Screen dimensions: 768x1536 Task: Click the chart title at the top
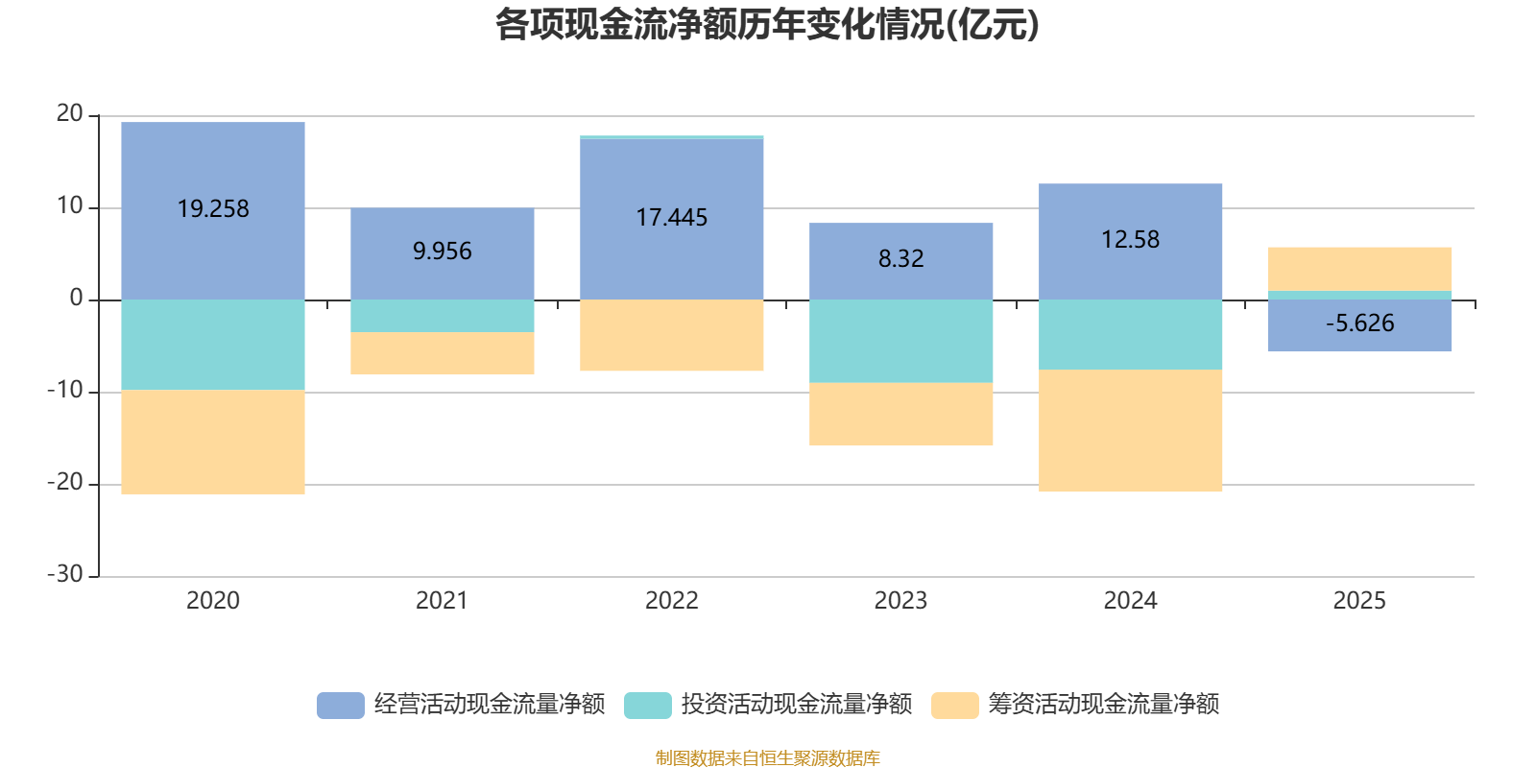pos(767,25)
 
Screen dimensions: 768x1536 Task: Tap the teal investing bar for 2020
pos(213,345)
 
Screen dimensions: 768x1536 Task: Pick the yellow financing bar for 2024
pos(1130,431)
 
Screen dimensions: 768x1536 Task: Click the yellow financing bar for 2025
pos(1359,269)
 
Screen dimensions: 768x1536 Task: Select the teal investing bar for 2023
pos(900,341)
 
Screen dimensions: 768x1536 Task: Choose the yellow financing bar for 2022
pos(671,335)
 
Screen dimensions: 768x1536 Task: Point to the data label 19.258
pos(213,209)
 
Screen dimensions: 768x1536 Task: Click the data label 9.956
pos(443,252)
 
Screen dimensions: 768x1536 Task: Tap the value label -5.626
pos(1359,324)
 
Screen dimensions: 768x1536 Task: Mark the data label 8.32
pos(900,259)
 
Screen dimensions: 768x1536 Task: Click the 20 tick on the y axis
pos(70,113)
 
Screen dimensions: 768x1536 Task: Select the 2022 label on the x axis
pos(671,601)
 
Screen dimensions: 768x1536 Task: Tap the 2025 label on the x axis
pos(1359,601)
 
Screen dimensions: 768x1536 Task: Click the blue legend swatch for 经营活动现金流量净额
pos(341,705)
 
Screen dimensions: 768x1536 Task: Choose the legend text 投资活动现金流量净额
pos(796,705)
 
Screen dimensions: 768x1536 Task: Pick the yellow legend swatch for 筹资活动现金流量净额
pos(955,705)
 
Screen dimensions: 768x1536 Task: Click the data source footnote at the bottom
pos(767,758)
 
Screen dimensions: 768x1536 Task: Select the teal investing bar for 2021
pos(443,316)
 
